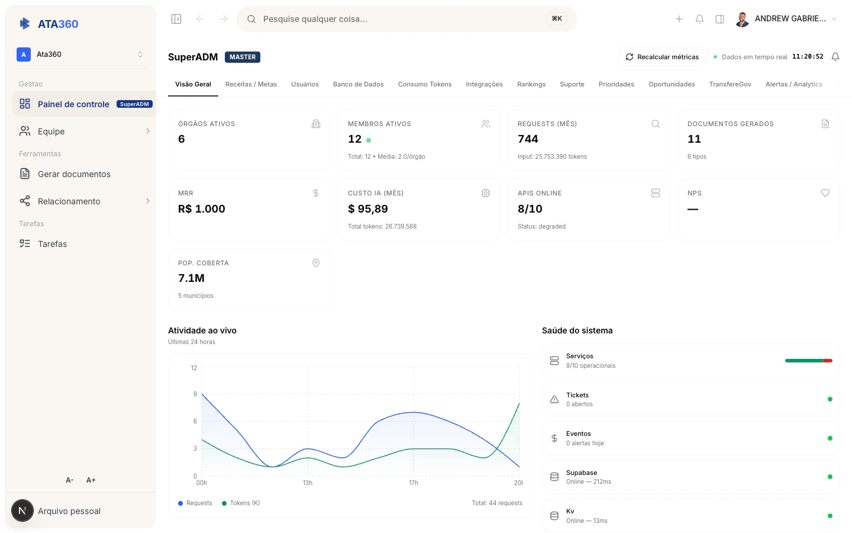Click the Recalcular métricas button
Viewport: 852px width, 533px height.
click(x=662, y=57)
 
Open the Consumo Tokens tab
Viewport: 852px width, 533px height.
click(x=424, y=84)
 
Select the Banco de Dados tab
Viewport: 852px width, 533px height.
click(x=358, y=84)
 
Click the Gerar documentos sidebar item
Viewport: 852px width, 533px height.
click(x=74, y=174)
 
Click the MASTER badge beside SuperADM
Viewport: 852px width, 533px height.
click(x=243, y=57)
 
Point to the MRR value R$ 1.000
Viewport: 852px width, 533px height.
click(x=202, y=209)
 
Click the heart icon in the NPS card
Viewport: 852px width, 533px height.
click(x=825, y=193)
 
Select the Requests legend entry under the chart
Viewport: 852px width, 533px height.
click(x=195, y=503)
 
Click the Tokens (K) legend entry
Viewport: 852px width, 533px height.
click(x=241, y=503)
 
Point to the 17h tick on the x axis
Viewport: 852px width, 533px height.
click(x=414, y=483)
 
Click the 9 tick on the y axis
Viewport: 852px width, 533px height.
click(x=195, y=394)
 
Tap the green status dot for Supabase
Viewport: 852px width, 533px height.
click(x=830, y=477)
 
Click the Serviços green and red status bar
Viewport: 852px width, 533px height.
click(x=808, y=361)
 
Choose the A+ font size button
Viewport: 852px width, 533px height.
click(x=91, y=480)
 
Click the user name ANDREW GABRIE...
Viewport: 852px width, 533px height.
click(x=790, y=19)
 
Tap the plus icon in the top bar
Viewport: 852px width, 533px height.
click(x=679, y=19)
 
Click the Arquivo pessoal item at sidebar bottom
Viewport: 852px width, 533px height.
click(x=69, y=511)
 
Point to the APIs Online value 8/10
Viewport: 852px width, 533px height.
click(x=530, y=209)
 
